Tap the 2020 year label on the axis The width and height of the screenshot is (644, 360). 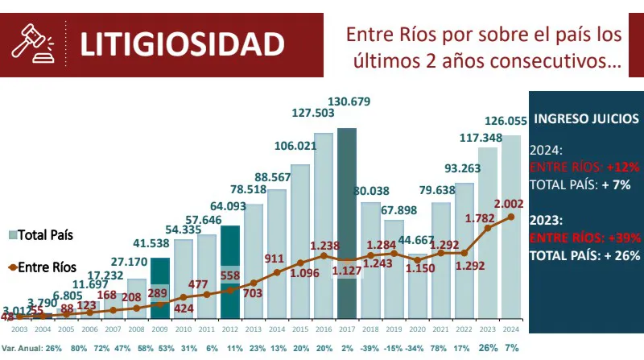417,330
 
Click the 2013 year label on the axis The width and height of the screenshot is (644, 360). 254,330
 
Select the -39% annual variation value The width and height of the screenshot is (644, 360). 370,348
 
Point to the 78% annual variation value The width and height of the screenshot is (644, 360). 440,348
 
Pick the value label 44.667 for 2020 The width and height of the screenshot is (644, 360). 416,240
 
